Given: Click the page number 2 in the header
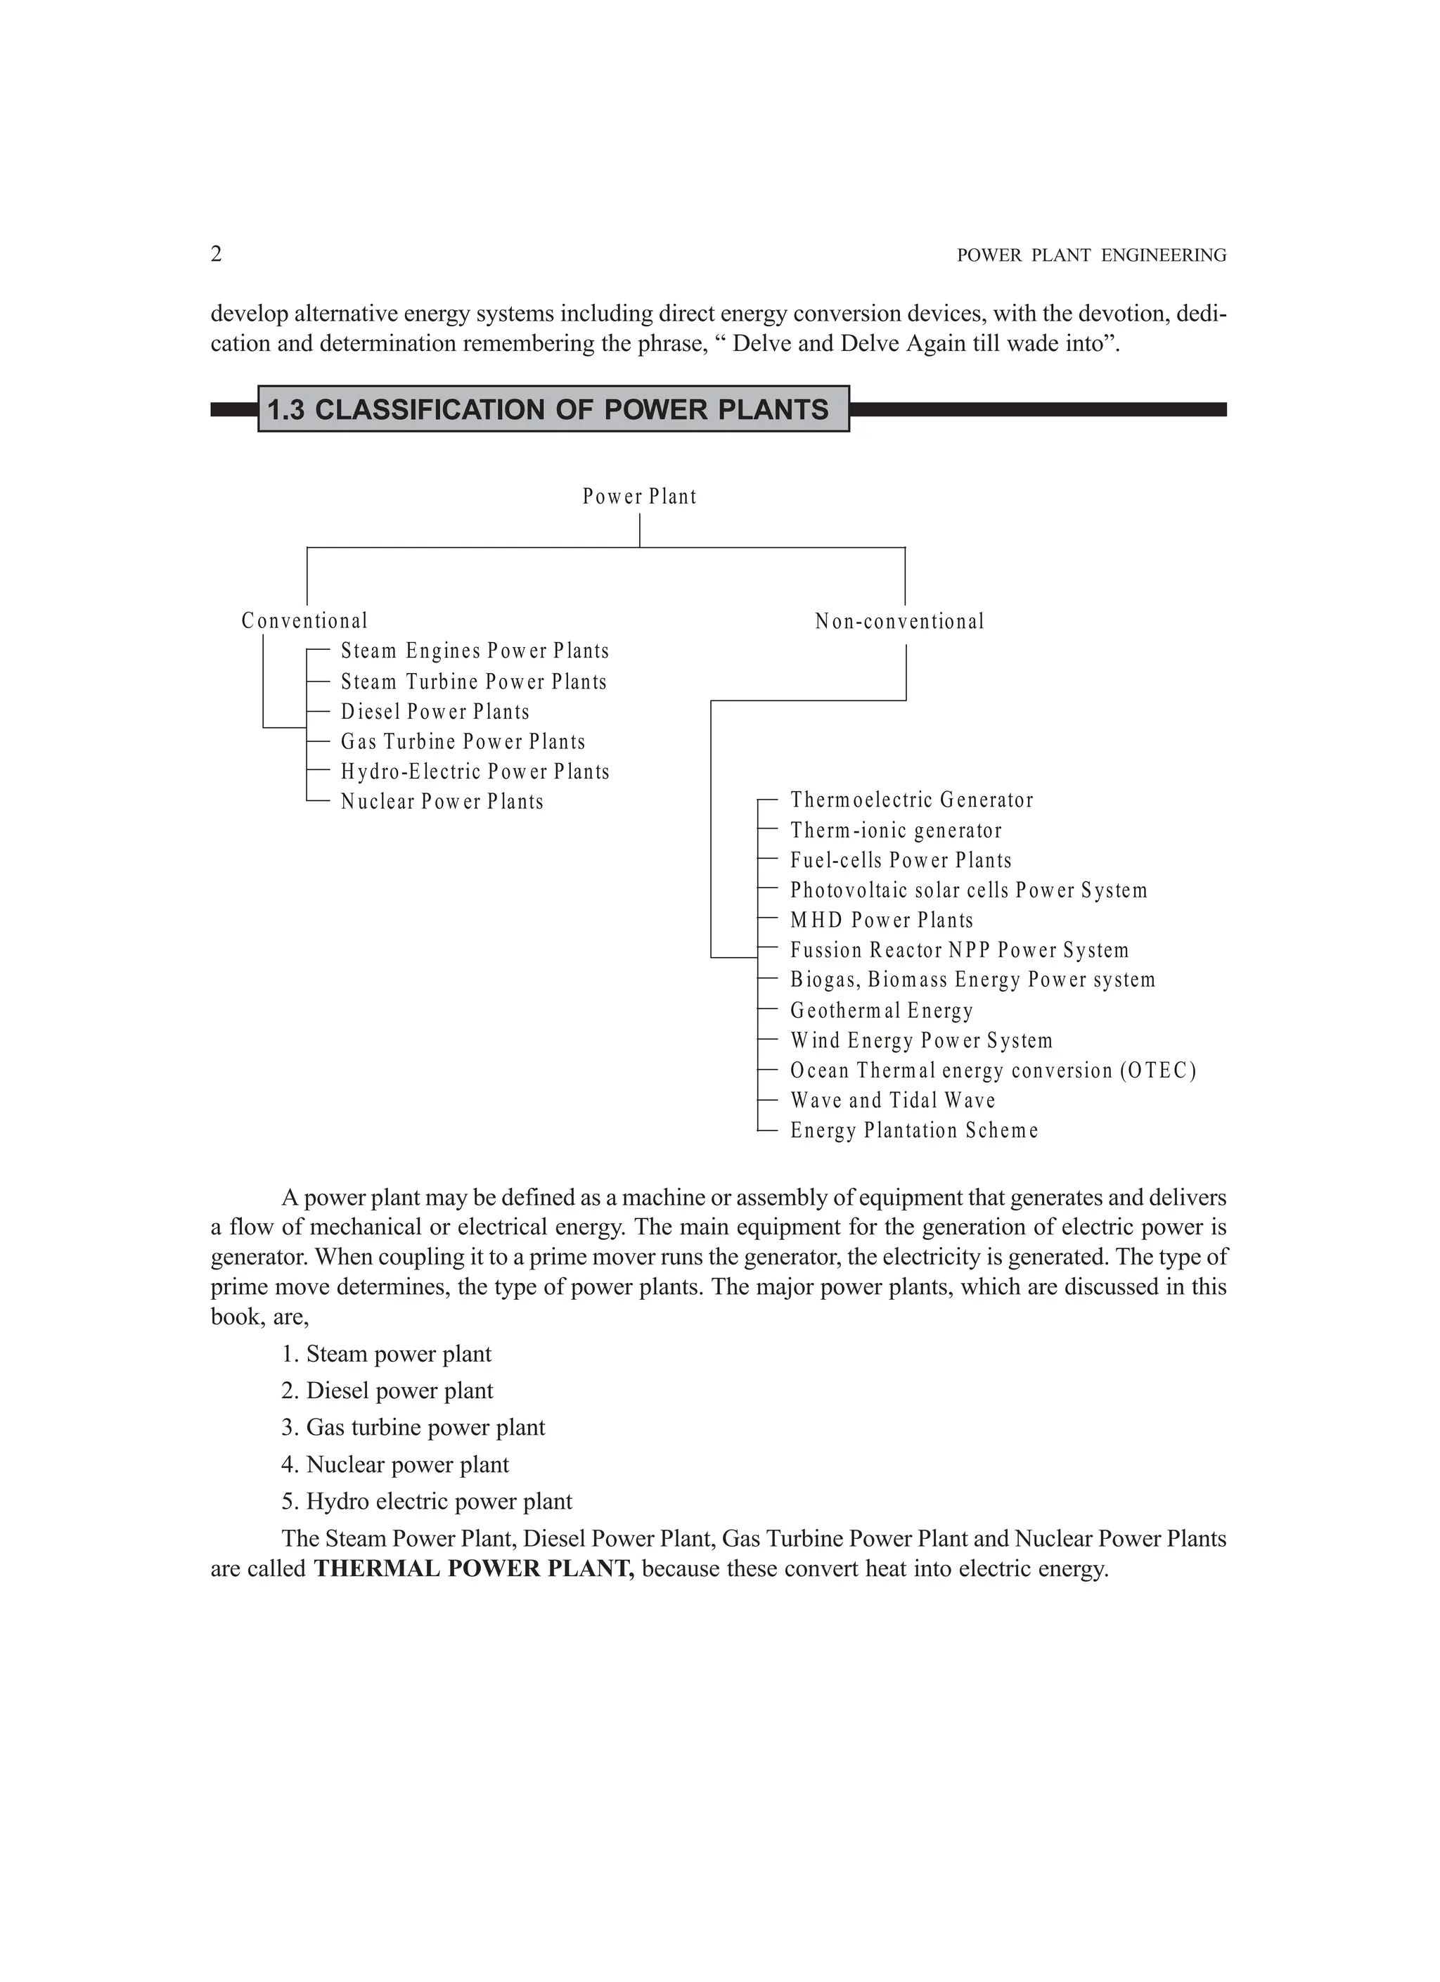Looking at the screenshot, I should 216,255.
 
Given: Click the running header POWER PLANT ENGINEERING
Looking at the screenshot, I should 1091,256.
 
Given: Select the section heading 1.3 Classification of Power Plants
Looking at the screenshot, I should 548,410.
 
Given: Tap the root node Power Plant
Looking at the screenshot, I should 640,497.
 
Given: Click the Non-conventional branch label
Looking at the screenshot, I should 899,622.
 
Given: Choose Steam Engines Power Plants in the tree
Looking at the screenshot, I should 475,651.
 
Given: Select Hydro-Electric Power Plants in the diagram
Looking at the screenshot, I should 475,772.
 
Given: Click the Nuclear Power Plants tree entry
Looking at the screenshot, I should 442,803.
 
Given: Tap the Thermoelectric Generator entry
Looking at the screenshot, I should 911,800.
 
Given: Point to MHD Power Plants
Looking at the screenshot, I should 882,920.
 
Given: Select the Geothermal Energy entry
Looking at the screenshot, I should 882,1011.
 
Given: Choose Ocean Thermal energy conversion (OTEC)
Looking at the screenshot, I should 993,1070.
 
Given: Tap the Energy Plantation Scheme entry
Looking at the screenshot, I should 914,1131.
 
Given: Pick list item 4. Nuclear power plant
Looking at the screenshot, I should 395,1464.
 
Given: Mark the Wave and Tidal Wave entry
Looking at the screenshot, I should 892,1101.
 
